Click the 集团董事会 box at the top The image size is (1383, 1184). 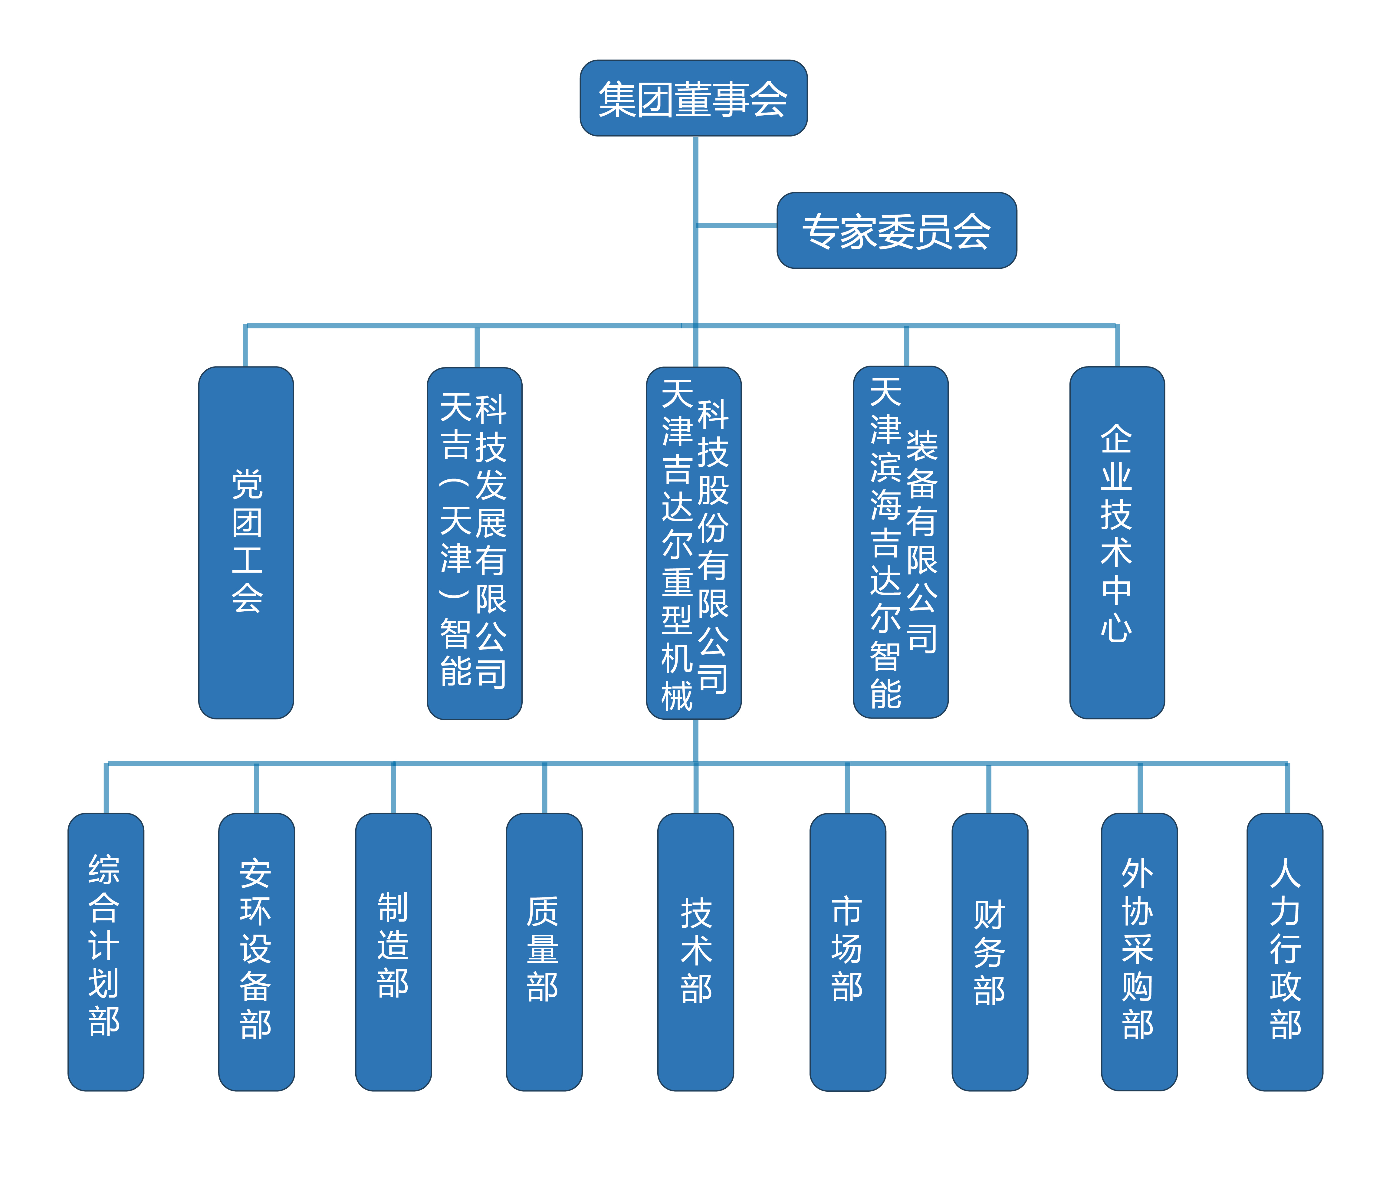[694, 98]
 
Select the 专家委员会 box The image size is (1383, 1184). [896, 230]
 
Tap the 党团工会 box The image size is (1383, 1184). [246, 542]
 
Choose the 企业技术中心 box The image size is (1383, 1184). [1117, 542]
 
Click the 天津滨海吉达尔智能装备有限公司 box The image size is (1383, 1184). [900, 542]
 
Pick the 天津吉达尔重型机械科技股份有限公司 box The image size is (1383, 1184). [694, 542]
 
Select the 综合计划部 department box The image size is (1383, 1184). [105, 951]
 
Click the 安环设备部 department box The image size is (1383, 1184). [256, 951]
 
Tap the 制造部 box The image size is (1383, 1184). [393, 951]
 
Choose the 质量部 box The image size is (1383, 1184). [544, 951]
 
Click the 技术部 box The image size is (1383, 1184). [695, 951]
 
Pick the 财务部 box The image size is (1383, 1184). [989, 951]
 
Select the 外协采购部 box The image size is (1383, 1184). [1139, 951]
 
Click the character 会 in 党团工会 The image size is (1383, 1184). [247, 597]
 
